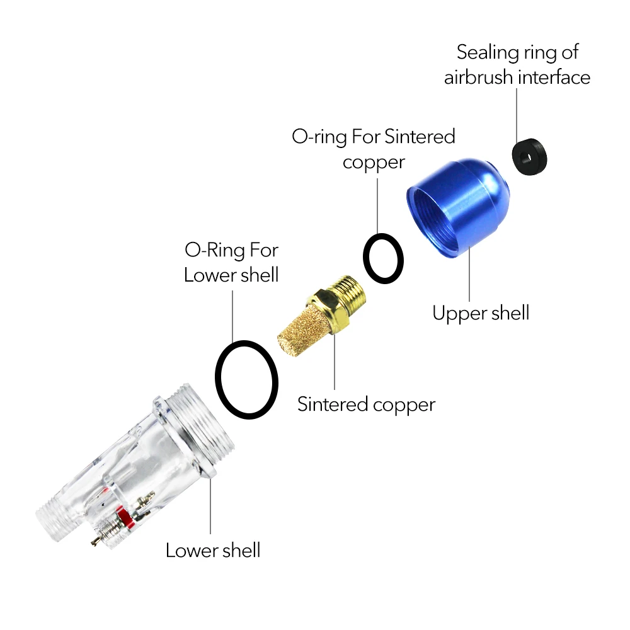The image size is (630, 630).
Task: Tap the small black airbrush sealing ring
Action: point(528,157)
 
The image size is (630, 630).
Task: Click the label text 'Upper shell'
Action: point(481,312)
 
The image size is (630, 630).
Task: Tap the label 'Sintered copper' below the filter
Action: point(366,404)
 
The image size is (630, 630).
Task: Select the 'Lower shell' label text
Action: point(213,550)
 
